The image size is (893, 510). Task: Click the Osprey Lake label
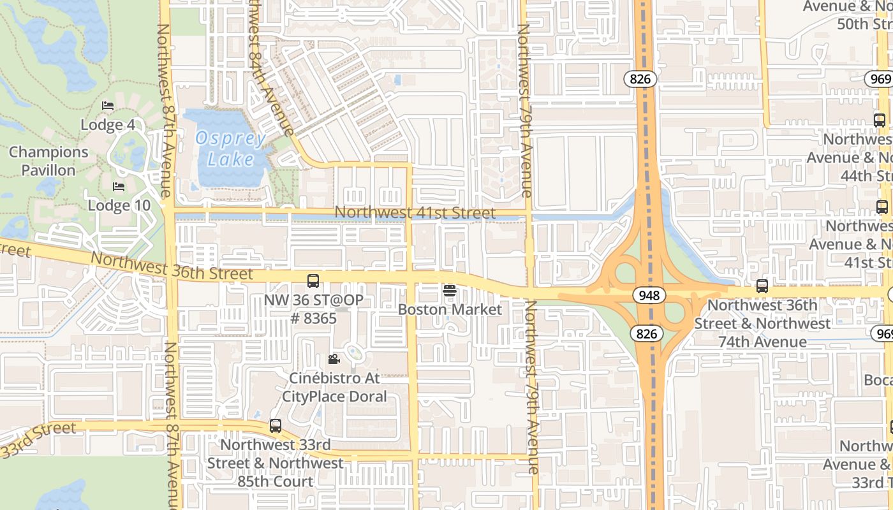tap(230, 149)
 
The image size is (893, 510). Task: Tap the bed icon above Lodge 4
tap(108, 106)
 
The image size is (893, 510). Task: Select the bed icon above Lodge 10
tap(119, 187)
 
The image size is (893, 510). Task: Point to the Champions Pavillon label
tap(48, 161)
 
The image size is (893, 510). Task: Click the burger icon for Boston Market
tap(450, 291)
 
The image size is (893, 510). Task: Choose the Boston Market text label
tap(450, 310)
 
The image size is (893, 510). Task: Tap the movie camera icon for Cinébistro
tap(334, 360)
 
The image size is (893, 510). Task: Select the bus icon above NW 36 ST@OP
tap(313, 280)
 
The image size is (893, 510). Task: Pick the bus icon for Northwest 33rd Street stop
tap(276, 425)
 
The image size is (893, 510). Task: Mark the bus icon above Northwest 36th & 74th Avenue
tap(762, 286)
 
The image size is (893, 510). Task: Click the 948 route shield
tap(649, 295)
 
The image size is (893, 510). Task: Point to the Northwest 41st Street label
tap(415, 212)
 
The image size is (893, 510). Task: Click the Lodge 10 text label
tap(119, 205)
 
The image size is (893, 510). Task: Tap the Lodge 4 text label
tap(108, 124)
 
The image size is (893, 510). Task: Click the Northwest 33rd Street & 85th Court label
tap(276, 463)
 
